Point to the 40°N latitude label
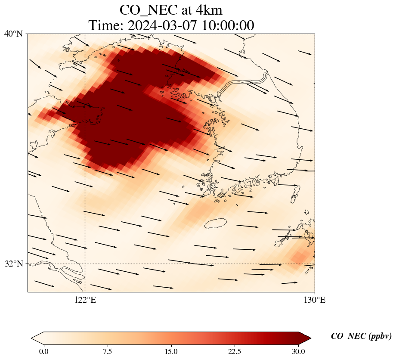coord(13,34)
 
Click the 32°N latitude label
coord(13,264)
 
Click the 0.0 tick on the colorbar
coord(43,351)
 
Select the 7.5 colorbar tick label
coord(107,351)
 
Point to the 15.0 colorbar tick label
coord(171,351)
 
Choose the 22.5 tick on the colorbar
coord(235,351)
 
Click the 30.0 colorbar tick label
coord(298,351)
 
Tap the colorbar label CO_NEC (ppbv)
coord(361,336)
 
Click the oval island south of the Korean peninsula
coord(216,223)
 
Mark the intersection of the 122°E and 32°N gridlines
coord(85,264)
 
